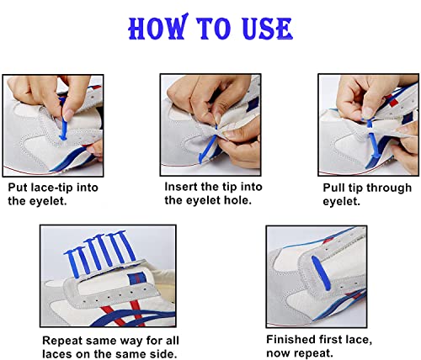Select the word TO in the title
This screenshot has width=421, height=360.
point(211,28)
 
